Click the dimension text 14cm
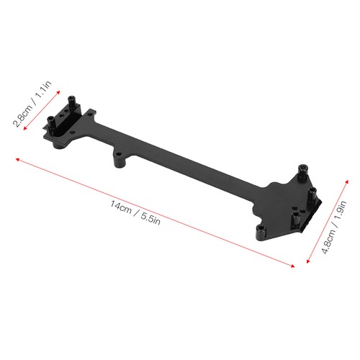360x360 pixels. [x=121, y=207]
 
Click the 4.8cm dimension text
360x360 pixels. [x=328, y=241]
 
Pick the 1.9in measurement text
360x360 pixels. [x=340, y=211]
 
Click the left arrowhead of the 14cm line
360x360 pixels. [x=17, y=159]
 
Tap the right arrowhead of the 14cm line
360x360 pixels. [x=293, y=266]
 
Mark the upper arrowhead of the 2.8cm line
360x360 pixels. [x=58, y=92]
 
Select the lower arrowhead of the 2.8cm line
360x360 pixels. [x=24, y=128]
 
